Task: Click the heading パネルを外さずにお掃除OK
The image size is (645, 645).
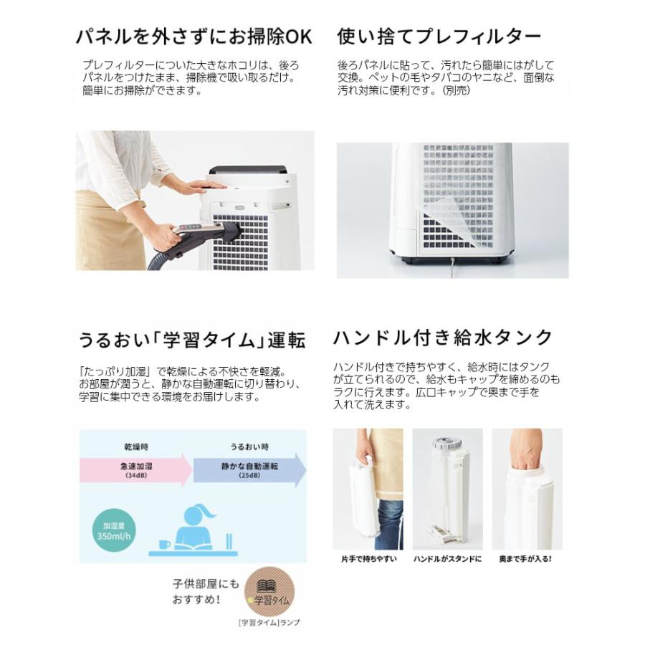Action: pyautogui.click(x=193, y=36)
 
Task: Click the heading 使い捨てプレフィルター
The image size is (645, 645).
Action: pyautogui.click(x=439, y=36)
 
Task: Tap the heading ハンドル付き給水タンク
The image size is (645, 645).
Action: pyautogui.click(x=443, y=337)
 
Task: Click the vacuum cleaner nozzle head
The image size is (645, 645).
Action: pyautogui.click(x=226, y=233)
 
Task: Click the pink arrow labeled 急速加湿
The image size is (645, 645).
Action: pyautogui.click(x=136, y=469)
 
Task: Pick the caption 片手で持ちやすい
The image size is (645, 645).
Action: pyautogui.click(x=368, y=558)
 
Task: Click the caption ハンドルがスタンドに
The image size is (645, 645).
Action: pyautogui.click(x=447, y=558)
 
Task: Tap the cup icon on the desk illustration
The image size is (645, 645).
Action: pyautogui.click(x=164, y=544)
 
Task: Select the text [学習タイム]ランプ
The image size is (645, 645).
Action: pyautogui.click(x=269, y=623)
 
